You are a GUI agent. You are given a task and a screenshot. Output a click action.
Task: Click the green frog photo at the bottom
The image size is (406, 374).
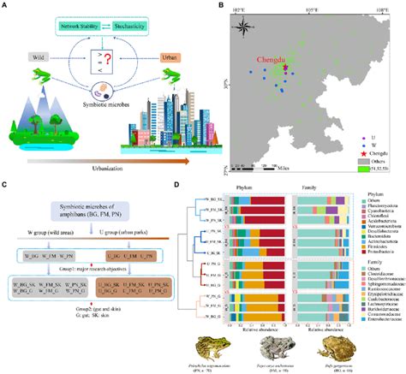pyautogui.click(x=233, y=346)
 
